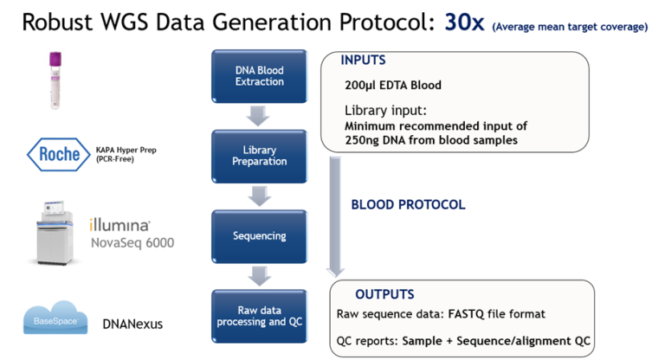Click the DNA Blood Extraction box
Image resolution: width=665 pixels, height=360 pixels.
click(259, 76)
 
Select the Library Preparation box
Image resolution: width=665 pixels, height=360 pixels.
click(259, 155)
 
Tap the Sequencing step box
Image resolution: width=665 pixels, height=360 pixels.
click(259, 235)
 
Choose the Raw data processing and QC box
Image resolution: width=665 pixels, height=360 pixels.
click(259, 316)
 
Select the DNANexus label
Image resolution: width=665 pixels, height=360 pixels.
click(134, 325)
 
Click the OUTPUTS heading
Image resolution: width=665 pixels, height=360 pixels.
click(384, 294)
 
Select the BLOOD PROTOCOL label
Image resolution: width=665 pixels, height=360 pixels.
click(408, 205)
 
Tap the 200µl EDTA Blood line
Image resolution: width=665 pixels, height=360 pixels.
click(393, 85)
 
